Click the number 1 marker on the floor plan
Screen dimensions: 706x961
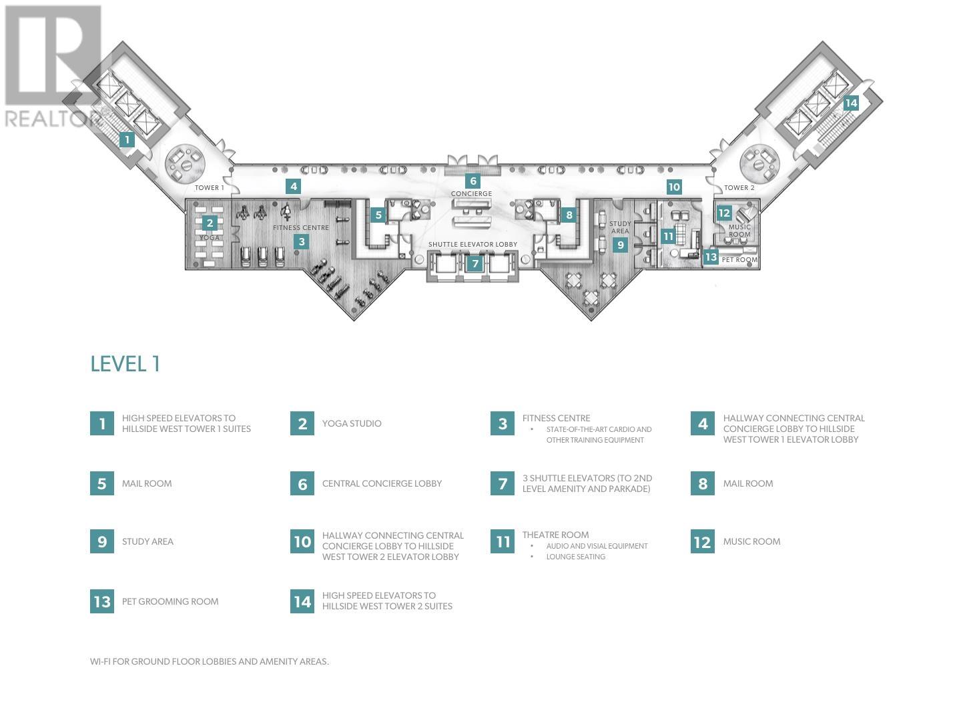click(127, 140)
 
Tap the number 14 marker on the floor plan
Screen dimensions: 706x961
click(850, 103)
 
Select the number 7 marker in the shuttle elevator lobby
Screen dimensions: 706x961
click(475, 263)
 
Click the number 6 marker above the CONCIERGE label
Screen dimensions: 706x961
click(473, 181)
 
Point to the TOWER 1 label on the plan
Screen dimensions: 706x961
click(209, 188)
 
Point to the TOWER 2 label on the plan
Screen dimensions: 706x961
click(739, 188)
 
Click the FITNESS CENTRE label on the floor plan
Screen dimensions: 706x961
click(301, 227)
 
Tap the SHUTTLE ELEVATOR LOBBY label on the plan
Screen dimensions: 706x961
click(472, 245)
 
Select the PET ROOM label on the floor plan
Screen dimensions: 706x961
click(739, 260)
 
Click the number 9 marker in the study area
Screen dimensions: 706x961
click(621, 245)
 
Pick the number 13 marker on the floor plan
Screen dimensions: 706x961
click(711, 257)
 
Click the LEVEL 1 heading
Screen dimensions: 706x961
click(125, 364)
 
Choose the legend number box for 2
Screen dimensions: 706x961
click(302, 423)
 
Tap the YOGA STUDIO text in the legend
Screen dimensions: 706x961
click(352, 423)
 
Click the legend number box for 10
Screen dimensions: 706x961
click(302, 542)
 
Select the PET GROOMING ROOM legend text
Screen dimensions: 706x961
click(170, 601)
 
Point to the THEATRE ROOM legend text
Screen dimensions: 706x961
click(555, 535)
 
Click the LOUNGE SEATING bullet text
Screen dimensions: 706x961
click(575, 557)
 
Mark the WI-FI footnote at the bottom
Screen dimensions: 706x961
click(210, 662)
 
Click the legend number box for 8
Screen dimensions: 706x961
click(702, 483)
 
